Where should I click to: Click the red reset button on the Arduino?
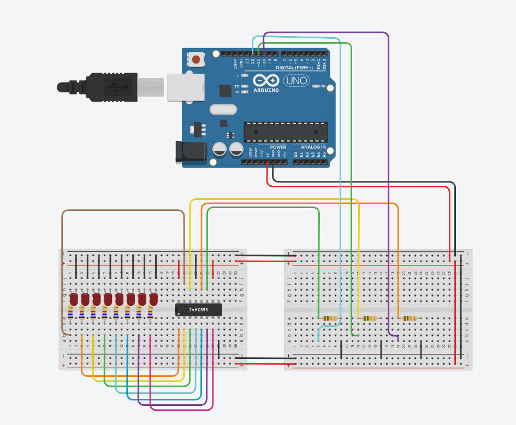(x=195, y=58)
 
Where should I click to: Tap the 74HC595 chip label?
(x=198, y=309)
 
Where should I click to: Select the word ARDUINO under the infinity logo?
(x=266, y=90)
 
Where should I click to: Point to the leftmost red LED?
(x=74, y=299)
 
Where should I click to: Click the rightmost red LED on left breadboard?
(x=153, y=299)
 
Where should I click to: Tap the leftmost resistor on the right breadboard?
(x=330, y=318)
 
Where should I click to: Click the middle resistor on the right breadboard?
(x=370, y=318)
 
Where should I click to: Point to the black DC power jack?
(x=190, y=152)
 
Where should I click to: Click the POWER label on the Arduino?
(x=278, y=147)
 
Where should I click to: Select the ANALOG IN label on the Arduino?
(x=313, y=147)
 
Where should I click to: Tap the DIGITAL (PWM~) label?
(x=295, y=68)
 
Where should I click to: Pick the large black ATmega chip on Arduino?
(x=286, y=132)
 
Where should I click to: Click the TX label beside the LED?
(x=236, y=86)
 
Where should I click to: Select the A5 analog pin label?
(x=324, y=155)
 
